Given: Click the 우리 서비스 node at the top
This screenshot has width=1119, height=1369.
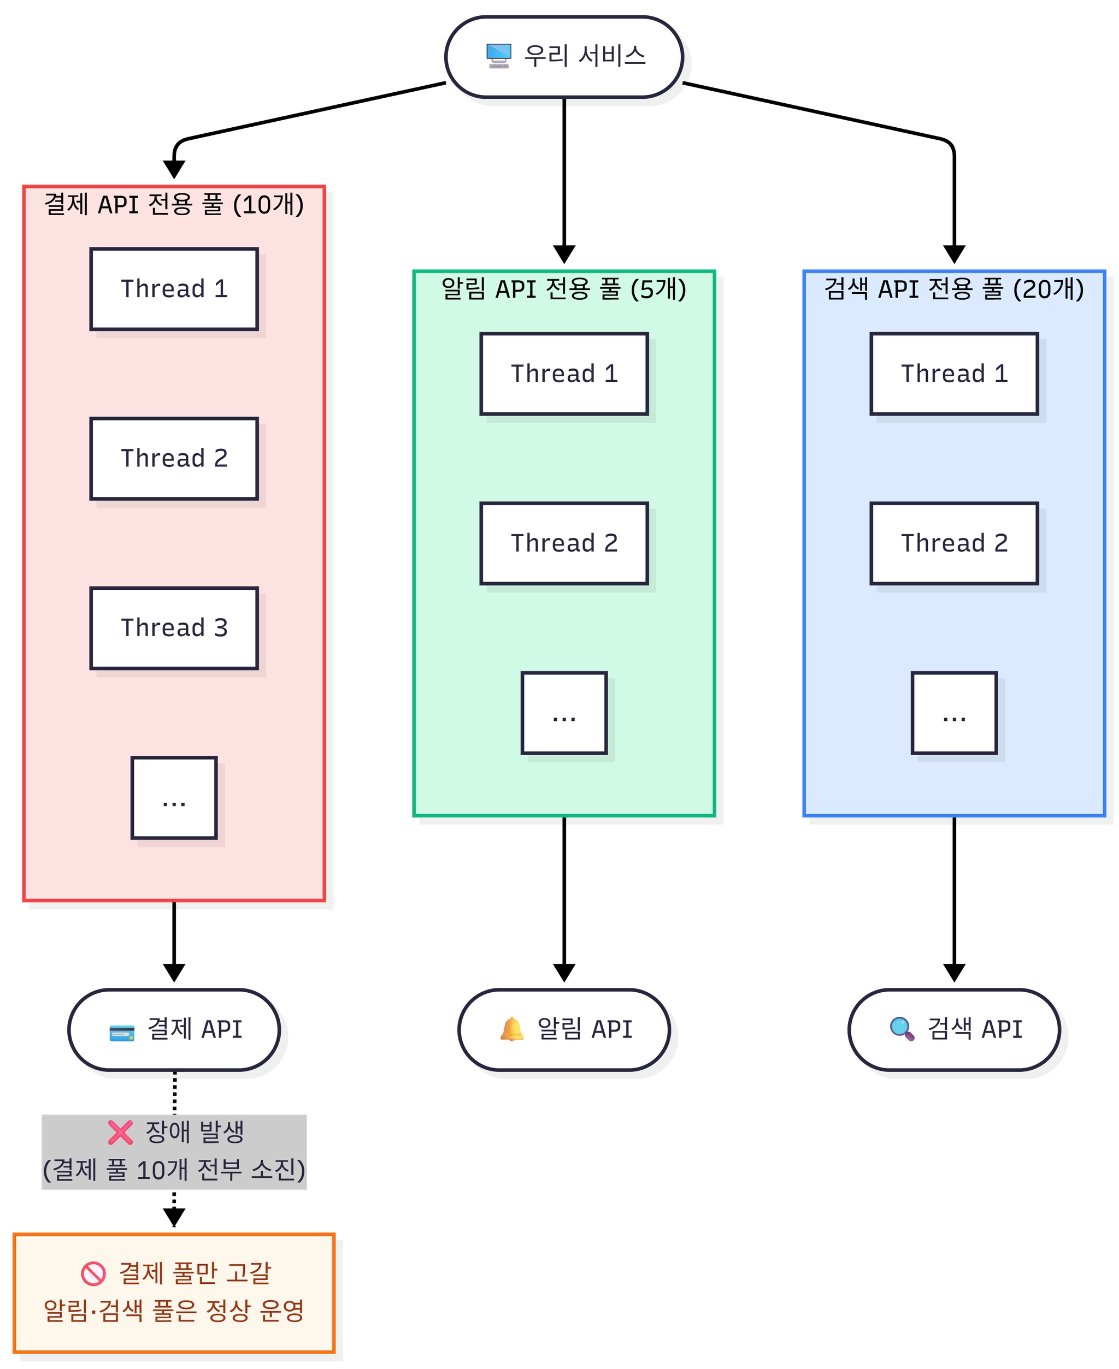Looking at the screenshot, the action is (564, 57).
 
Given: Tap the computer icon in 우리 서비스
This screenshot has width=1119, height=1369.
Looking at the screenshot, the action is (498, 55).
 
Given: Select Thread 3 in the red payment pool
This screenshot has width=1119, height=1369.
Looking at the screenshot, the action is (174, 628).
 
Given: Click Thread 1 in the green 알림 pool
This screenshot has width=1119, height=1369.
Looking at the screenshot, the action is (564, 374).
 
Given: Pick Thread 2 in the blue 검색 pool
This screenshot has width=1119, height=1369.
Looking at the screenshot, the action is (954, 543).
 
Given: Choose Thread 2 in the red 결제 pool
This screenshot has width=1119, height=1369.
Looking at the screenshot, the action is (174, 459).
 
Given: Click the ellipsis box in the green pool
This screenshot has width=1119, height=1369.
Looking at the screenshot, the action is (564, 713).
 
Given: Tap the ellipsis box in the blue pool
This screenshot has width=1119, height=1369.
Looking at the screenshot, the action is (954, 713).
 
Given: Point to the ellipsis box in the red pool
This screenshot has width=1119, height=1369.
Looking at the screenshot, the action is (174, 798).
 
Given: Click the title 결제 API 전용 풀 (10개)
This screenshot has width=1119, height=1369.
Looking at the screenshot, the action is (174, 205).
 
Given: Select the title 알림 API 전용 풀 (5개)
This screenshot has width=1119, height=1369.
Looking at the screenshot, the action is (564, 289).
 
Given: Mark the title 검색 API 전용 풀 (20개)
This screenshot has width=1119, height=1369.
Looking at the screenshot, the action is (954, 289).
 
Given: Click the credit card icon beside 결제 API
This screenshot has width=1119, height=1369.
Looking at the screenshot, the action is (122, 1033).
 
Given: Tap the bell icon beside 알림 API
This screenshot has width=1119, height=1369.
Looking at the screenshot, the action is (512, 1029).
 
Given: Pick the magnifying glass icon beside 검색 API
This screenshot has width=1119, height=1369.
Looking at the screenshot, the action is (902, 1029).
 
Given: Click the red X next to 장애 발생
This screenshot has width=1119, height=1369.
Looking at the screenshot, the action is (121, 1133).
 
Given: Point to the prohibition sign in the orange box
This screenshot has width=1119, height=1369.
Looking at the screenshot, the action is (93, 1273).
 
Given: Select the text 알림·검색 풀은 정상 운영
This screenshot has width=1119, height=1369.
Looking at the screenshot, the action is (174, 1311).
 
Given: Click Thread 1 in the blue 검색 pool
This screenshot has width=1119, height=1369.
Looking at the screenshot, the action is (954, 374).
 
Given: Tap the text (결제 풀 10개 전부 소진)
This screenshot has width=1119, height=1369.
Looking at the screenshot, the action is (174, 1170).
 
